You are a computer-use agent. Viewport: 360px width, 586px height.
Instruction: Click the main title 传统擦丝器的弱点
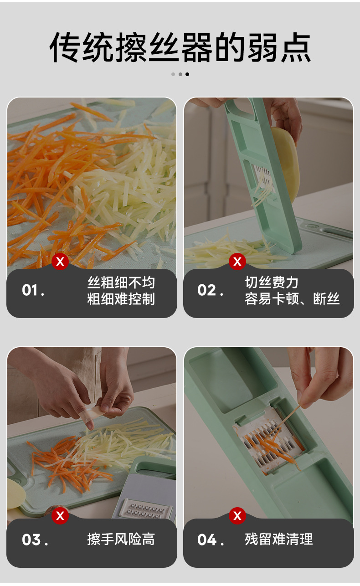tap(180, 47)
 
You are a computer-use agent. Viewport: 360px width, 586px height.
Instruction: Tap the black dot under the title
tap(187, 74)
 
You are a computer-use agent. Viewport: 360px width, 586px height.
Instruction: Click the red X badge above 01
tap(60, 262)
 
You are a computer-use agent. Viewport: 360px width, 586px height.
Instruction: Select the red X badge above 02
tap(237, 262)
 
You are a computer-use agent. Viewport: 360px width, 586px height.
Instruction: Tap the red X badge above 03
tap(60, 516)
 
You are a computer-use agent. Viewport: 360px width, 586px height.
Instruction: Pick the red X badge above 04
tap(237, 516)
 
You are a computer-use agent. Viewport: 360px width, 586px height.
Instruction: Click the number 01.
tap(33, 290)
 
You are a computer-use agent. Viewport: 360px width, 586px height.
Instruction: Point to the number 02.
tap(210, 290)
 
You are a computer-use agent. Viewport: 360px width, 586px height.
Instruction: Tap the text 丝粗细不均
tap(121, 283)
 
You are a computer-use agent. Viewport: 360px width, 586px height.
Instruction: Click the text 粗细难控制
tap(121, 299)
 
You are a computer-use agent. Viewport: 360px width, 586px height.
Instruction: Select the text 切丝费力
tap(272, 283)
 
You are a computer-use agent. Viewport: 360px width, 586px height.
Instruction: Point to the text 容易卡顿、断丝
tap(292, 299)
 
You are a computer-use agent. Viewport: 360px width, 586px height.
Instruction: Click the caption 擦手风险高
tap(121, 540)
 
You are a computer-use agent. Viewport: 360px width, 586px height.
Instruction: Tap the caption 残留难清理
tap(278, 540)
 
